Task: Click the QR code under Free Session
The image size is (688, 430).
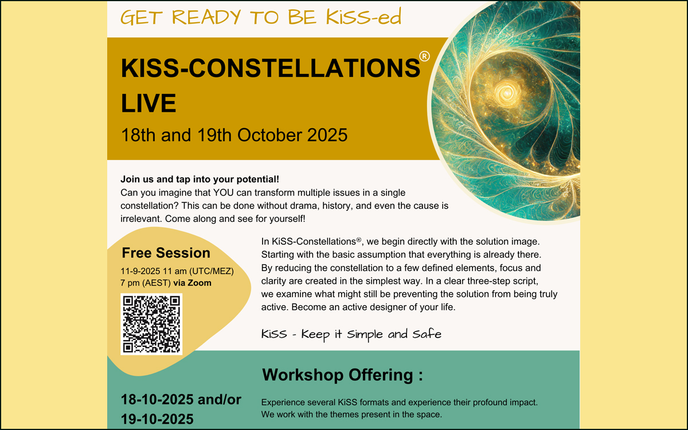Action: click(151, 324)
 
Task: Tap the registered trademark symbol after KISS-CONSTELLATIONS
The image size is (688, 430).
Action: click(424, 56)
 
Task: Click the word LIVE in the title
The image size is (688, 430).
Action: click(148, 103)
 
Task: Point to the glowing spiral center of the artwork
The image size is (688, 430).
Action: click(506, 92)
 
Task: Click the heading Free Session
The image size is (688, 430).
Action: click(166, 253)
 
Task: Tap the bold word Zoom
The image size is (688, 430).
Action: click(200, 283)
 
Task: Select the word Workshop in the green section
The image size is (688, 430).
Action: click(303, 375)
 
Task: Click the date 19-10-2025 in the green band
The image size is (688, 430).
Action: click(157, 419)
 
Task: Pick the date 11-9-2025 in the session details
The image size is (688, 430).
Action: click(140, 271)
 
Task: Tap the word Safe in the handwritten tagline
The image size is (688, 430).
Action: click(427, 334)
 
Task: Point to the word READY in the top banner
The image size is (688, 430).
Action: click(206, 17)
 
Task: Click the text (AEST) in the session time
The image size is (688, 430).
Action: click(157, 283)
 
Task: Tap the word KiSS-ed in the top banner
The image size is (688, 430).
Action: click(363, 17)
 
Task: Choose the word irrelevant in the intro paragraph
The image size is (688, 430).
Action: click(140, 218)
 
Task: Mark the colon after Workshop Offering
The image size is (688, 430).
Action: click(420, 376)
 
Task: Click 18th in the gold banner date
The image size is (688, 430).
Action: click(138, 135)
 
